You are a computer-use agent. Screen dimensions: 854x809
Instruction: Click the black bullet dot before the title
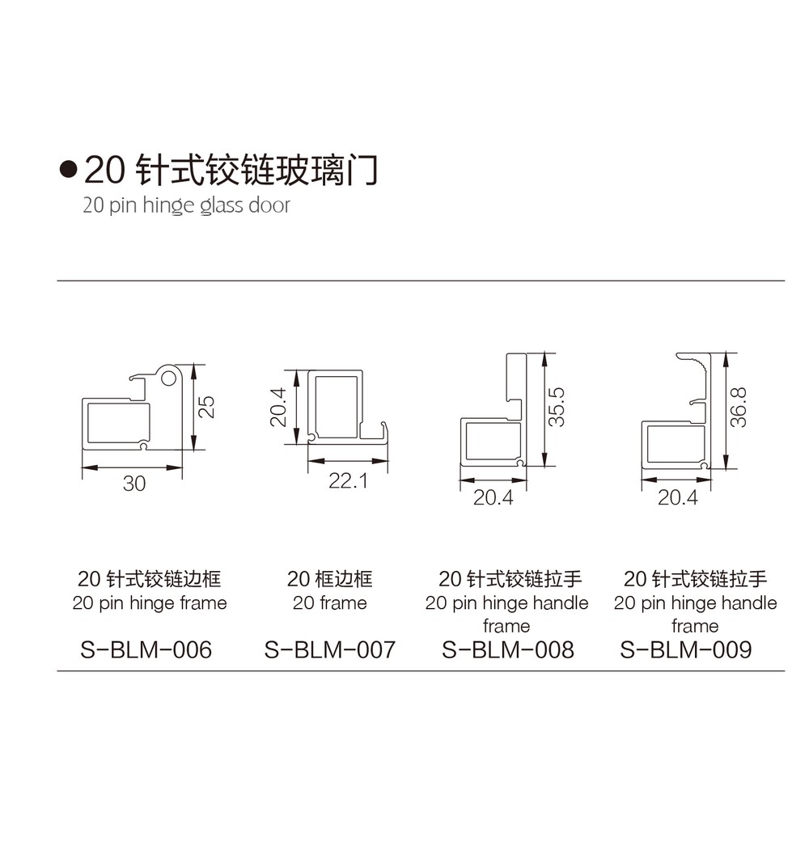(69, 170)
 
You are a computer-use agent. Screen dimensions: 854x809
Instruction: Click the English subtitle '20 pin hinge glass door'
(186, 205)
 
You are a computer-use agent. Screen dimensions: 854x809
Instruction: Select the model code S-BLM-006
(146, 649)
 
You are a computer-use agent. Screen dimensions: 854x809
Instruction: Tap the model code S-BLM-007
(330, 649)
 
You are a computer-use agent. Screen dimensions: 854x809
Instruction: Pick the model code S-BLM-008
(508, 649)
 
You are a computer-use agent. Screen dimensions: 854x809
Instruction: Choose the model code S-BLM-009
(686, 649)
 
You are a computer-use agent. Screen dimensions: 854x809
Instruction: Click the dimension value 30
(134, 484)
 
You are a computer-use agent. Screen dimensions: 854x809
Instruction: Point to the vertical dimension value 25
(207, 405)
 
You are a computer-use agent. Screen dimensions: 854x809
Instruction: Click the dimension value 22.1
(348, 481)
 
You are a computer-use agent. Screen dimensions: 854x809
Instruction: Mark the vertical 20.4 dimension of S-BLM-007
(279, 406)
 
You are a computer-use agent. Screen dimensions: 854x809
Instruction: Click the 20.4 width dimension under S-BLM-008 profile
(493, 497)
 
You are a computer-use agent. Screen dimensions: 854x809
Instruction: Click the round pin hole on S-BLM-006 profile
(168, 376)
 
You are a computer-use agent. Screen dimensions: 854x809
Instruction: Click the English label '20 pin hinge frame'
(150, 603)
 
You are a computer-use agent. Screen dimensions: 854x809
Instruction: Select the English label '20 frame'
(329, 603)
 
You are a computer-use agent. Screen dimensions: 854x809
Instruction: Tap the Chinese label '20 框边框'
(329, 579)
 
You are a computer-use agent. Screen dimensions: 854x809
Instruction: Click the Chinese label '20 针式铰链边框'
(150, 579)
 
